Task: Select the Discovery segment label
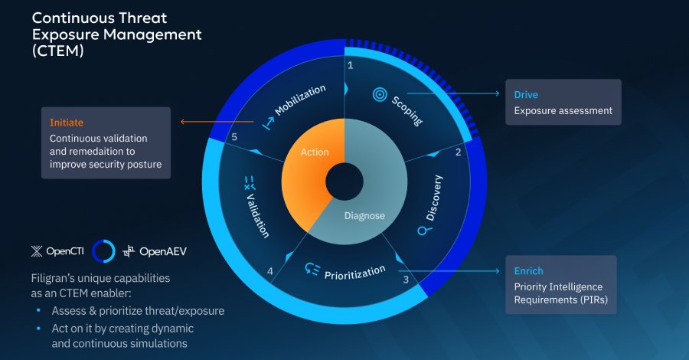pyautogui.click(x=433, y=198)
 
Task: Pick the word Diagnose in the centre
pyautogui.click(x=364, y=215)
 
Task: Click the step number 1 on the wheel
pyautogui.click(x=351, y=66)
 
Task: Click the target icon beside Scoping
pyautogui.click(x=379, y=94)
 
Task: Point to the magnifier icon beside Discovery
pyautogui.click(x=422, y=231)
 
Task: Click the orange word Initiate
pyautogui.click(x=67, y=123)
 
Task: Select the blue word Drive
pyautogui.click(x=527, y=95)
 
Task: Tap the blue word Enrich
pyautogui.click(x=529, y=271)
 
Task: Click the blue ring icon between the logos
pyautogui.click(x=103, y=250)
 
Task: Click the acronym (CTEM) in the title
pyautogui.click(x=57, y=53)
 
